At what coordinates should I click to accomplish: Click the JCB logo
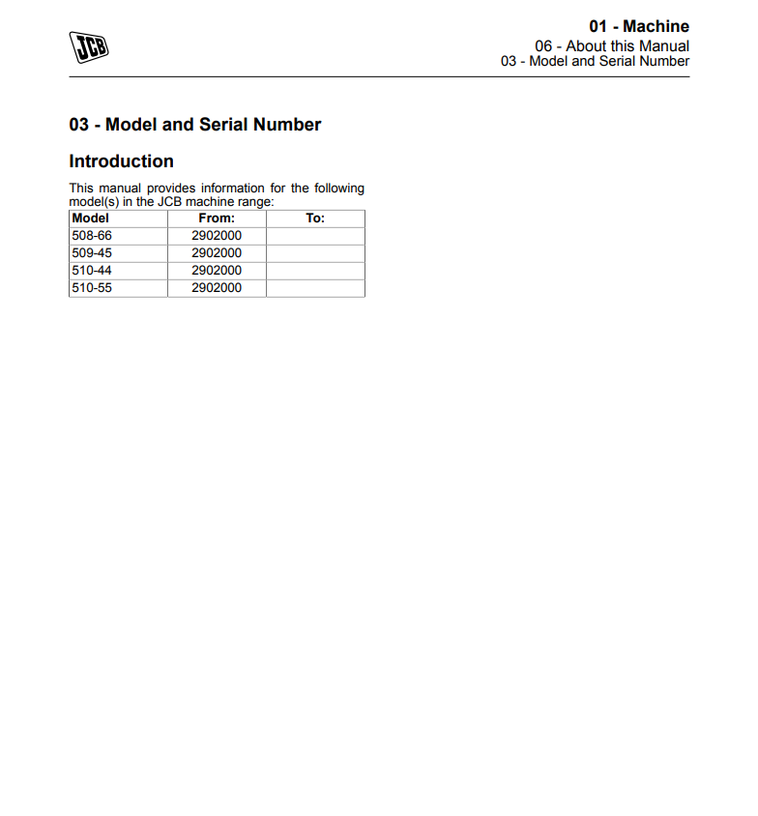89,46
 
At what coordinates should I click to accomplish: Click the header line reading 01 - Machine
639,26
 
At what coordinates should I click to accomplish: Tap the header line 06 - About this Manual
612,45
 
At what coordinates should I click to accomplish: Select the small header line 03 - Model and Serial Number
595,61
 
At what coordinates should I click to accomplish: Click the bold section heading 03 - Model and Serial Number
194,125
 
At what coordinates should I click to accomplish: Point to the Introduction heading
121,161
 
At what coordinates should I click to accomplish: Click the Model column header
91,219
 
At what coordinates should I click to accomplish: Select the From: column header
217,219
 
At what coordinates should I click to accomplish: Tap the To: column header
315,219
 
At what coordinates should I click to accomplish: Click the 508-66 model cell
92,236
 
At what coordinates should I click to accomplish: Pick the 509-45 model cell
92,253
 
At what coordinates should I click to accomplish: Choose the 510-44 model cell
92,271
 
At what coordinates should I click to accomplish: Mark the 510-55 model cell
92,288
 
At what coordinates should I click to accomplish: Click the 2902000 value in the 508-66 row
217,236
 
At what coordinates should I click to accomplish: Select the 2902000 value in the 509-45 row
217,253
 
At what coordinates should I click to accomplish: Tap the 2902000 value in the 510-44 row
217,271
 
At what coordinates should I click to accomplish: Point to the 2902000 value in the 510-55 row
217,288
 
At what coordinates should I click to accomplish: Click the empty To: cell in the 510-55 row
315,288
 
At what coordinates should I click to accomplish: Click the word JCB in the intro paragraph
170,202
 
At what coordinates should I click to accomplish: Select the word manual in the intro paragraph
120,189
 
